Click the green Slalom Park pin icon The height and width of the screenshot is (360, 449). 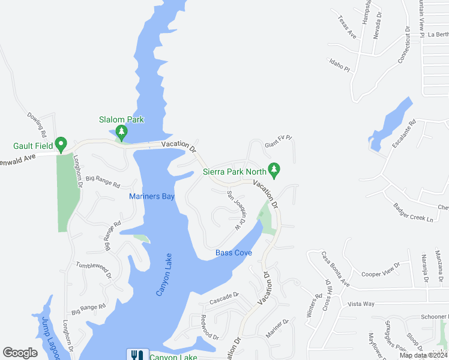pyautogui.click(x=122, y=131)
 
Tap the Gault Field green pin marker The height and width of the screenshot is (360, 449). pyautogui.click(x=61, y=144)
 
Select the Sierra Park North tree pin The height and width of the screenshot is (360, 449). pyautogui.click(x=274, y=170)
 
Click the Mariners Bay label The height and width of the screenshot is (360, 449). pyautogui.click(x=152, y=196)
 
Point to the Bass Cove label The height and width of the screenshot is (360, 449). pyautogui.click(x=234, y=253)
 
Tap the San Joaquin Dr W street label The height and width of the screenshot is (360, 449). pyautogui.click(x=237, y=208)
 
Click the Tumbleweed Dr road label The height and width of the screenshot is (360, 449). pyautogui.click(x=94, y=269)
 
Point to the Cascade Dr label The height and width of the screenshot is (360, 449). pyautogui.click(x=224, y=295)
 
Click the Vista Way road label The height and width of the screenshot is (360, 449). pyautogui.click(x=361, y=304)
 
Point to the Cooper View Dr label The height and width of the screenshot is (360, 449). pyautogui.click(x=381, y=269)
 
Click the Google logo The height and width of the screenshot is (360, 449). pyautogui.click(x=20, y=353)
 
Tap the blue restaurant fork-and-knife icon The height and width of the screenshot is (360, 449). pyautogui.click(x=135, y=355)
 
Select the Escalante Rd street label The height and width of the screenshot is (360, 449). pyautogui.click(x=403, y=137)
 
